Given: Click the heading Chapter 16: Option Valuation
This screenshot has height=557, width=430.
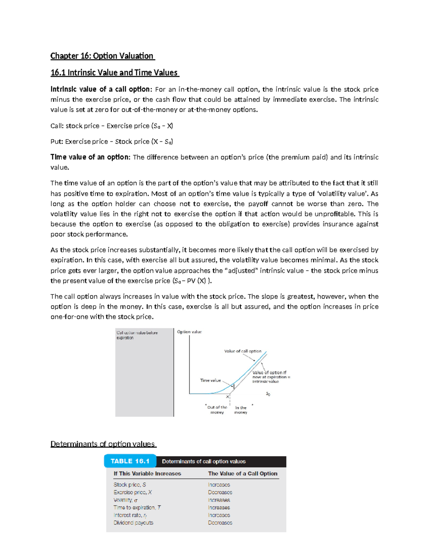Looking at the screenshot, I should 102,56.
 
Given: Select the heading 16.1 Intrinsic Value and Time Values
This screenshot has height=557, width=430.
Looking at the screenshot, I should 114,73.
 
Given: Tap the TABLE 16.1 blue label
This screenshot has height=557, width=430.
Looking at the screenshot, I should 130,461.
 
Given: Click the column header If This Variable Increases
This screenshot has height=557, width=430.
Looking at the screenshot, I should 147,473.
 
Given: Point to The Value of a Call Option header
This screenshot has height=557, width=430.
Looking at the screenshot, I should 243,473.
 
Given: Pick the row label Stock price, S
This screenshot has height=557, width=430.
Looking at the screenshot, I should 130,485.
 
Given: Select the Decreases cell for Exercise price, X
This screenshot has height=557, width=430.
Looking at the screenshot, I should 220,492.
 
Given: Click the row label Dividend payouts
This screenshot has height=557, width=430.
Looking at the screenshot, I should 133,523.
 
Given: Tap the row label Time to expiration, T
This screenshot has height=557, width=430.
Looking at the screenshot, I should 137,508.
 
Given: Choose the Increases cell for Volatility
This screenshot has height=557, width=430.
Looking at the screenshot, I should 219,500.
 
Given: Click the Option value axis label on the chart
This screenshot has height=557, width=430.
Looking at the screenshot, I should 189,332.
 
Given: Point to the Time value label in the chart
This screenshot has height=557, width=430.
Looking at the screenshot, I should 210,380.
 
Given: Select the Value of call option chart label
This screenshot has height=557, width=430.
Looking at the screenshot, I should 243,351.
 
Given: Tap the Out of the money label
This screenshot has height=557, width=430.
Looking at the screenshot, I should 217,410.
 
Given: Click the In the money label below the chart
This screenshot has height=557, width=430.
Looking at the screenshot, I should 241,410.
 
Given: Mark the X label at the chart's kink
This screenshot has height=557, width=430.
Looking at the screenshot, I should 227,397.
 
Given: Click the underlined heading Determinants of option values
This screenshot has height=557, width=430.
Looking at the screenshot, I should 102,444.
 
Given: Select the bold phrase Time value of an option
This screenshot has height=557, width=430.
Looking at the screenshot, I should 90,157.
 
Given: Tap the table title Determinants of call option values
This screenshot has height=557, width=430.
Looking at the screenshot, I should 204,462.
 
